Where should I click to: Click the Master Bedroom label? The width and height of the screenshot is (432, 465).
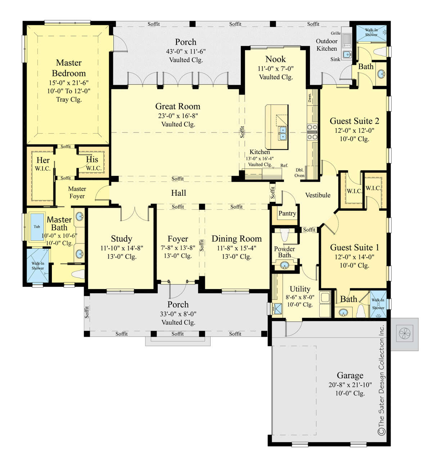pos(69,68)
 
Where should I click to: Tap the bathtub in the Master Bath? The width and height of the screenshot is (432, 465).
pos(37,227)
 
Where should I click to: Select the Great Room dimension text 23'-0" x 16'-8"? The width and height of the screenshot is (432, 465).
pos(177,116)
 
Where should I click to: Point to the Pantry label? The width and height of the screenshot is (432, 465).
pos(287,213)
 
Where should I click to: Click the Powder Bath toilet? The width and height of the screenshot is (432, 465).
pos(284,235)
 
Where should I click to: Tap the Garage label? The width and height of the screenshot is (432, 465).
pos(350,375)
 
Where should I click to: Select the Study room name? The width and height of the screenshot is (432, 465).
pos(121,239)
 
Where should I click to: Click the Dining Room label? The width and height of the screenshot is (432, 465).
pos(237,239)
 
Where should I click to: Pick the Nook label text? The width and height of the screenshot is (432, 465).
pos(275,59)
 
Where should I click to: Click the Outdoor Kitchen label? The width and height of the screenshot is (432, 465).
pos(327,45)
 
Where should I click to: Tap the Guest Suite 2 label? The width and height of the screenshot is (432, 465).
pos(354,121)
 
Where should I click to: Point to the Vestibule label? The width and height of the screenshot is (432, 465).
pos(318,195)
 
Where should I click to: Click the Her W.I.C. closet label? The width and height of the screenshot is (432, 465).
pos(43,164)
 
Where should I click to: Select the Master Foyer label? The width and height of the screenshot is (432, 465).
pos(77,193)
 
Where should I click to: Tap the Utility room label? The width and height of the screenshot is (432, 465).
pos(300,289)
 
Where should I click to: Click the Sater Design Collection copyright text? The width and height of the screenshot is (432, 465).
pos(381,380)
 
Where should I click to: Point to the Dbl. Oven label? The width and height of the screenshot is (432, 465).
pos(300,173)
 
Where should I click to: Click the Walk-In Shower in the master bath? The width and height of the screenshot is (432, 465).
pos(37,266)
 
